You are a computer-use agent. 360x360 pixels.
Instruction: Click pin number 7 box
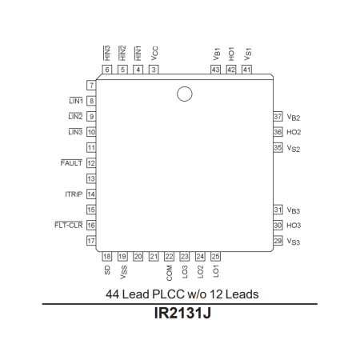coord(92,85)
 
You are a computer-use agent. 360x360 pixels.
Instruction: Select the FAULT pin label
coord(72,163)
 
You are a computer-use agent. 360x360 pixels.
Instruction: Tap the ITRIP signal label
coord(74,194)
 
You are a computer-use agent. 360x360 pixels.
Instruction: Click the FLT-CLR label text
coord(70,226)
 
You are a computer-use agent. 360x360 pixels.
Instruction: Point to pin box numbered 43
coord(215,70)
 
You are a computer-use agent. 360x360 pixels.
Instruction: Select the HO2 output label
coord(294,132)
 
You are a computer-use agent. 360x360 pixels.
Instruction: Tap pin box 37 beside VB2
coord(278,116)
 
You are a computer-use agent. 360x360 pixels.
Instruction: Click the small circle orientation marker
coord(185,94)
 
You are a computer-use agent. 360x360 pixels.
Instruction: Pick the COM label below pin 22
coord(170,272)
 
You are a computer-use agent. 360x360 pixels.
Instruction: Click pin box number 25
coord(216,256)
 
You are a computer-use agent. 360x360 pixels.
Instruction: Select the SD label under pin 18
coord(107,270)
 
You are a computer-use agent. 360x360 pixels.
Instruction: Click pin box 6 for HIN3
coord(107,70)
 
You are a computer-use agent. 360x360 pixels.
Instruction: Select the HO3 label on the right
coord(294,226)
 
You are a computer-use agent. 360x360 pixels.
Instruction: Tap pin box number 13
coord(92,178)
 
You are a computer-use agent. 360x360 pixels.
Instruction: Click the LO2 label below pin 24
coord(201,272)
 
